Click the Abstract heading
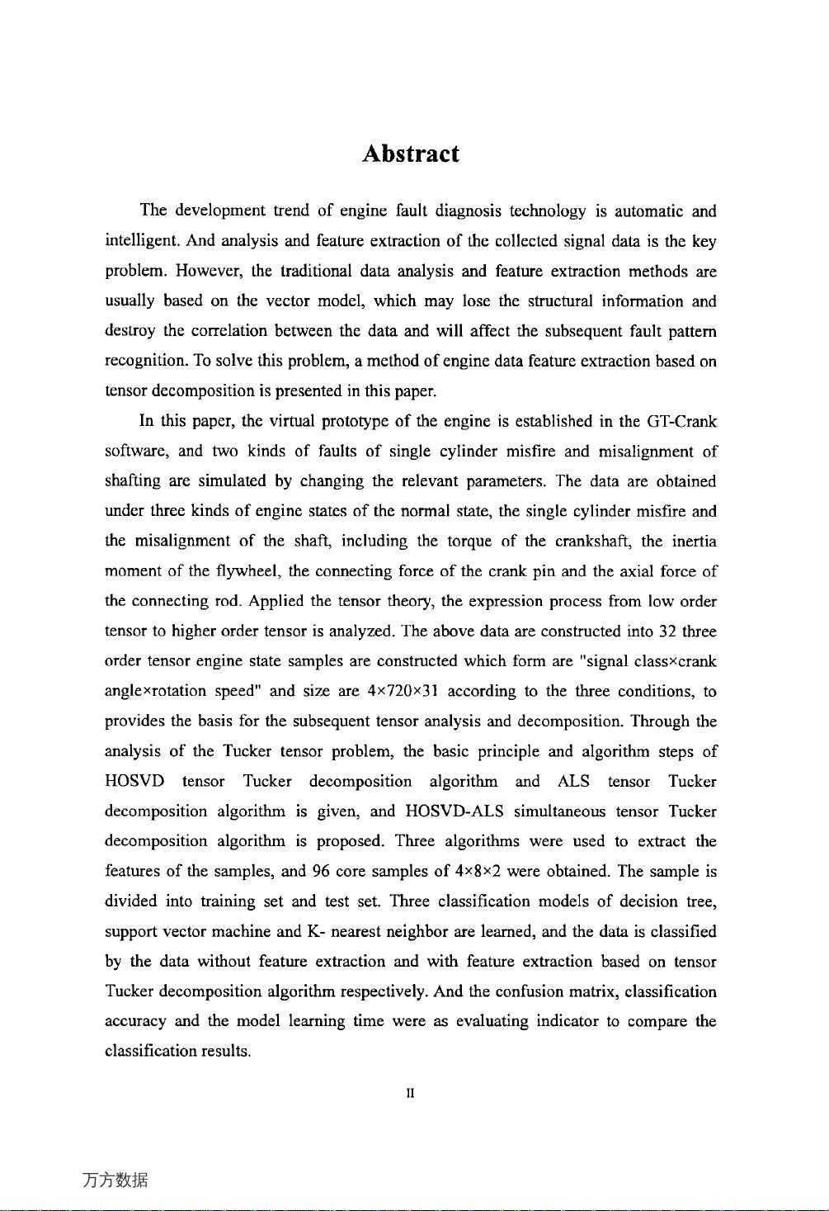[410, 154]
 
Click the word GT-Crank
[681, 422]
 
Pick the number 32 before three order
[668, 632]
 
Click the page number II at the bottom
[410, 1094]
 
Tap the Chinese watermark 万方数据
[115, 1180]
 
